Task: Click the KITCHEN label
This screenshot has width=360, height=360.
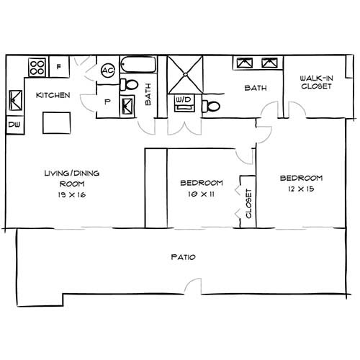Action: (x=53, y=95)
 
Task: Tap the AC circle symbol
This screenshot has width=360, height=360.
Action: (x=108, y=71)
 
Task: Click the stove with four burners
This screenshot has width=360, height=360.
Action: (x=37, y=68)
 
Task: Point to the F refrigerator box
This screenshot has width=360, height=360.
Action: (x=59, y=68)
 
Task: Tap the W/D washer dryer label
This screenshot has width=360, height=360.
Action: (x=183, y=99)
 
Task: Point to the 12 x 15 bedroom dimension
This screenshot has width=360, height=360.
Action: (x=301, y=189)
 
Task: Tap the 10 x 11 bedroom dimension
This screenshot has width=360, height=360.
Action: (x=201, y=194)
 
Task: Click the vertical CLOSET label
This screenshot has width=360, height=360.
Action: (x=248, y=204)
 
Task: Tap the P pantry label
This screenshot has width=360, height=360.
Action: (x=107, y=102)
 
